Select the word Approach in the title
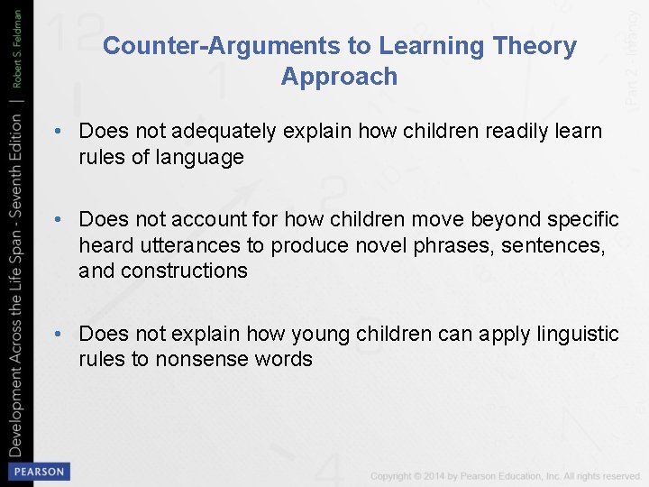point(339,77)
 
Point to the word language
point(199,158)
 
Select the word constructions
point(184,271)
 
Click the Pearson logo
point(38,471)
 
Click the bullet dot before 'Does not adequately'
point(57,132)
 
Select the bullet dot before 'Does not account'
point(57,219)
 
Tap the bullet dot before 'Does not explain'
point(57,334)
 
